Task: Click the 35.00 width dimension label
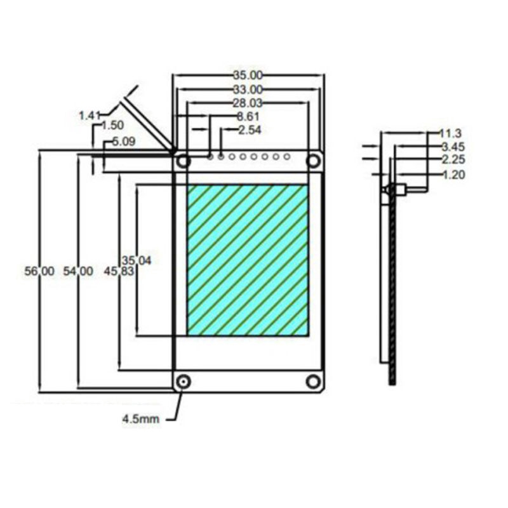[x=248, y=76]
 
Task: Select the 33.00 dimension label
[x=248, y=90]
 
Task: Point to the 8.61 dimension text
[x=248, y=116]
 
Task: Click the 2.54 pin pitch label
[x=249, y=130]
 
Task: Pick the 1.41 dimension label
[x=90, y=116]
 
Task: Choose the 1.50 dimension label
[x=112, y=126]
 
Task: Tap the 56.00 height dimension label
[x=39, y=271]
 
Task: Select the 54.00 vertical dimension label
[x=77, y=271]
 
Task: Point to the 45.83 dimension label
[x=115, y=271]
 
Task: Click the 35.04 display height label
[x=137, y=260]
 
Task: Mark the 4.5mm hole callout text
[x=141, y=419]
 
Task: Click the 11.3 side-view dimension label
[x=450, y=133]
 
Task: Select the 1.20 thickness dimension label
[x=453, y=175]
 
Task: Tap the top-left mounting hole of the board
[x=184, y=161]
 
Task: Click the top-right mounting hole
[x=313, y=161]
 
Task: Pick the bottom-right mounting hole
[x=313, y=381]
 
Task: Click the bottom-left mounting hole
[x=184, y=382]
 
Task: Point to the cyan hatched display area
[x=248, y=260]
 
